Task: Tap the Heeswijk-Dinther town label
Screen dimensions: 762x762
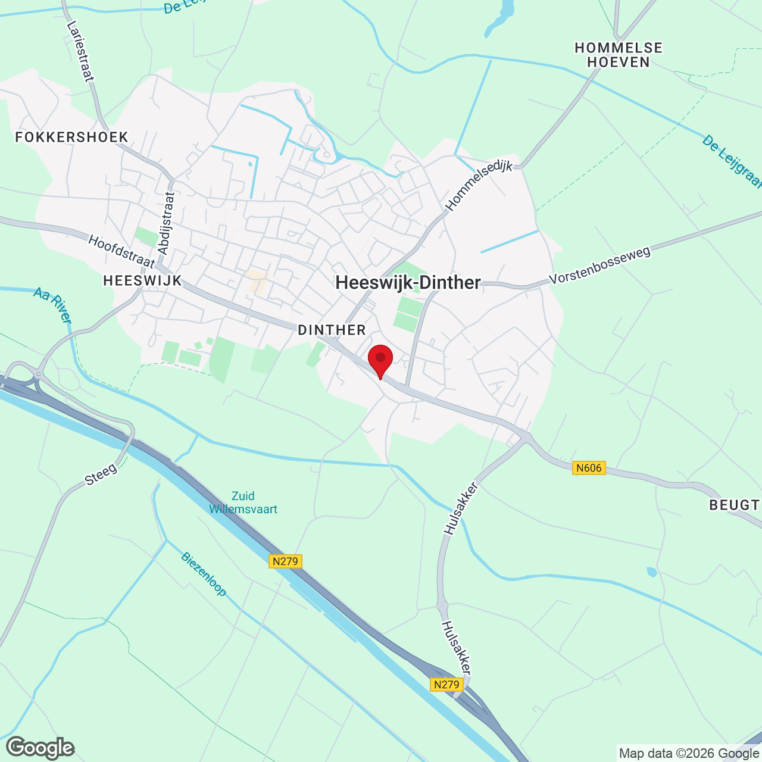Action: [408, 283]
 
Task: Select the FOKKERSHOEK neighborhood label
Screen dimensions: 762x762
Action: [72, 138]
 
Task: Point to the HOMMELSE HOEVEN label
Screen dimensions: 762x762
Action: [619, 55]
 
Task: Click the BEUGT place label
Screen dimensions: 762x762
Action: [734, 505]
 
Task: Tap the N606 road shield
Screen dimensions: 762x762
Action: [589, 468]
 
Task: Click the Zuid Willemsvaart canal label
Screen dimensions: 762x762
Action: [243, 502]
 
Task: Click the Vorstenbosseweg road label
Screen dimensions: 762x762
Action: [599, 266]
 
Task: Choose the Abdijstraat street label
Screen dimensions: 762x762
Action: [166, 223]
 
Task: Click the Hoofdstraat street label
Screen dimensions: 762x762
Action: [121, 251]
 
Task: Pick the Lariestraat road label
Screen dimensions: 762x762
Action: [80, 51]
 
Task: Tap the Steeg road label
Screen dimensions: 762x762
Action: [101, 474]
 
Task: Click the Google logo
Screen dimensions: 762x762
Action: [40, 748]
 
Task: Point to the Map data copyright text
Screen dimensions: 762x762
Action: [689, 754]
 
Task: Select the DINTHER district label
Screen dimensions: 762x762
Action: [332, 330]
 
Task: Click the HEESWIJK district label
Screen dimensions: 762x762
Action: [142, 281]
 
